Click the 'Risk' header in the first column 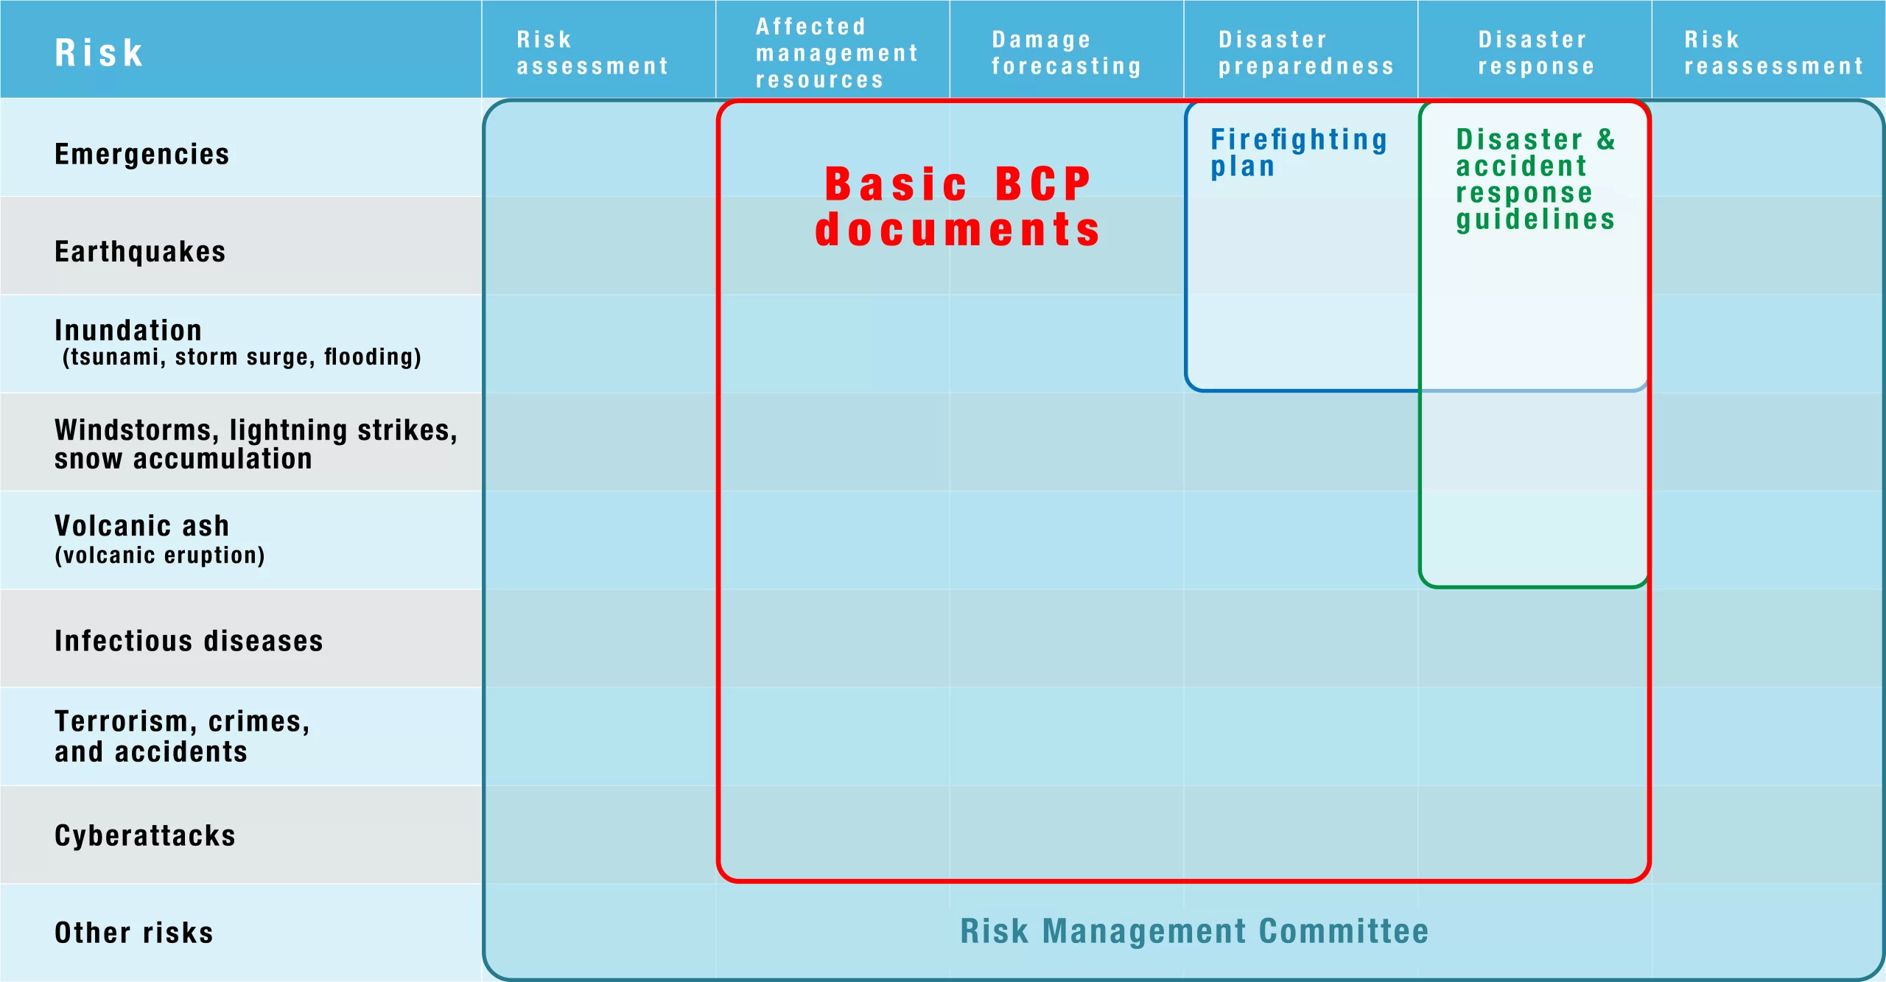coord(99,53)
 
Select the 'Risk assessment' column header coord(592,53)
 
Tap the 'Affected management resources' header coord(837,53)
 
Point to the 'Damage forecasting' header coord(1066,53)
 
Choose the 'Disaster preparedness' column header coord(1306,53)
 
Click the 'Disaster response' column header coord(1536,53)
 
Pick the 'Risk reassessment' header coord(1774,53)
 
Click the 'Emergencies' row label coord(142,155)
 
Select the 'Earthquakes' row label coord(140,252)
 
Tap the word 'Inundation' coord(128,330)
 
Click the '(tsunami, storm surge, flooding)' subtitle coord(242,357)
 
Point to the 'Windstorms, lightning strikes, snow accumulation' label coord(256,444)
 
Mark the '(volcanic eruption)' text coord(160,555)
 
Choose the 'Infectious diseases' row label coord(189,641)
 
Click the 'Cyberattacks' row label coord(145,835)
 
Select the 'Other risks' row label coord(134,933)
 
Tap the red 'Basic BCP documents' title coord(958,206)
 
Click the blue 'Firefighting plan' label coord(1299,152)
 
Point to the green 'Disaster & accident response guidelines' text coord(1535,179)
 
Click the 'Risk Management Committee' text coord(1194,931)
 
